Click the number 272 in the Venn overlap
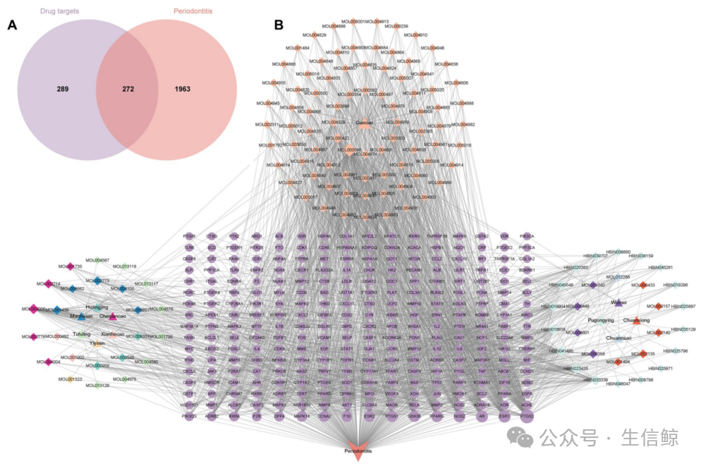(127, 90)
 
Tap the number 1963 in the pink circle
(187, 90)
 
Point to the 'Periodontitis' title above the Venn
(192, 11)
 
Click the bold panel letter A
(11, 26)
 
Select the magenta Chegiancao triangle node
(112, 317)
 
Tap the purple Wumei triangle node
(618, 302)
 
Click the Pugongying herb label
(600, 319)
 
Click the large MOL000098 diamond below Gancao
(348, 149)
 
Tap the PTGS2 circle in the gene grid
(526, 417)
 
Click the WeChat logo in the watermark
(525, 439)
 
